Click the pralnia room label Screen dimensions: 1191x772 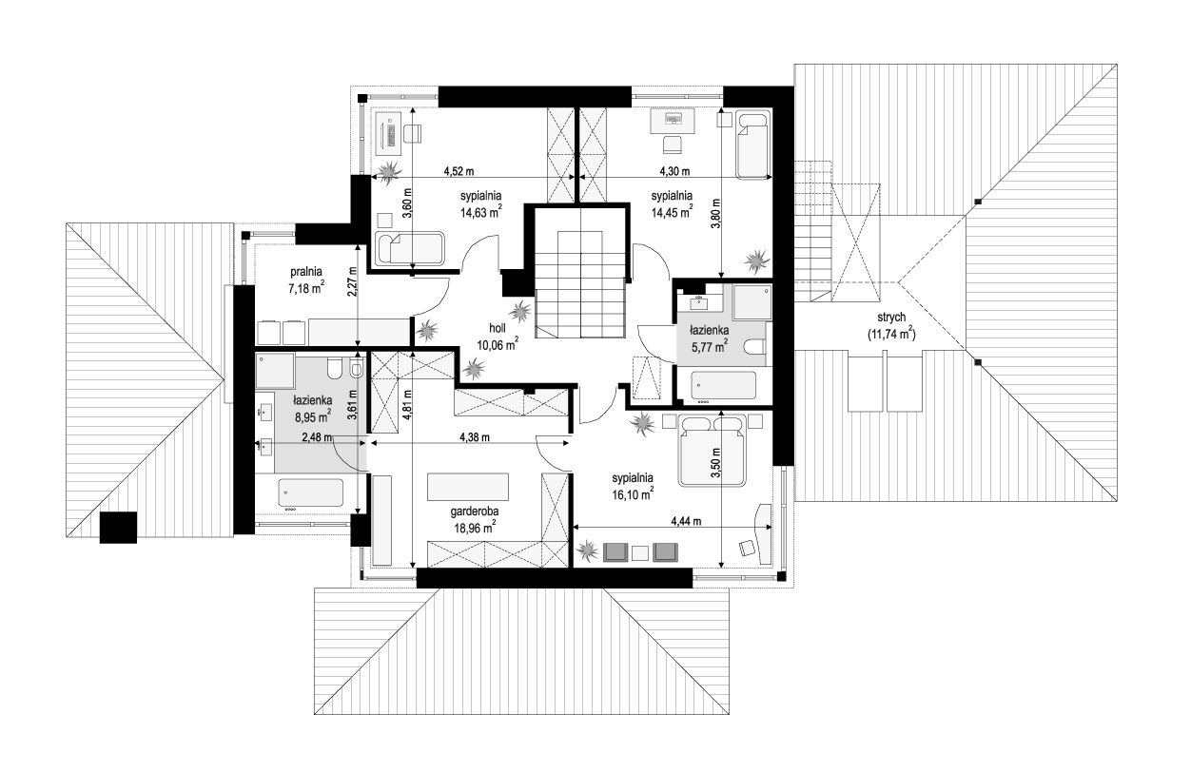(305, 272)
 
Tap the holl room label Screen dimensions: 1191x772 (498, 329)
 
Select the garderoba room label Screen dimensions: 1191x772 (475, 511)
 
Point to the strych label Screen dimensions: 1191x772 (891, 318)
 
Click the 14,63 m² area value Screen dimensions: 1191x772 (481, 213)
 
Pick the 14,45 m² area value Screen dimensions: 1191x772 (672, 212)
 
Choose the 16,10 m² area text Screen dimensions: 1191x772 (633, 494)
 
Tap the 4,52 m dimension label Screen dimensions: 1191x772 (459, 172)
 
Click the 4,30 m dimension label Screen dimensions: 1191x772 (674, 171)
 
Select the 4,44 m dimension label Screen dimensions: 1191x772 (686, 521)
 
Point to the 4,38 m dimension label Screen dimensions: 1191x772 (475, 437)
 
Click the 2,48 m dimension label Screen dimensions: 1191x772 (317, 437)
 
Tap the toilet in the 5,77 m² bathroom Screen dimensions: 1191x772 (754, 347)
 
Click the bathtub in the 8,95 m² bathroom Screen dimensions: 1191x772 (311, 492)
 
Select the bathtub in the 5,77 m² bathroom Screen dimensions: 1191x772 (723, 385)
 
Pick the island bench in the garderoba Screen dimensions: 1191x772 (468, 487)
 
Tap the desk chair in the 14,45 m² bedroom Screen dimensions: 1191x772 (673, 145)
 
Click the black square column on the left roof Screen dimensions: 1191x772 (118, 527)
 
